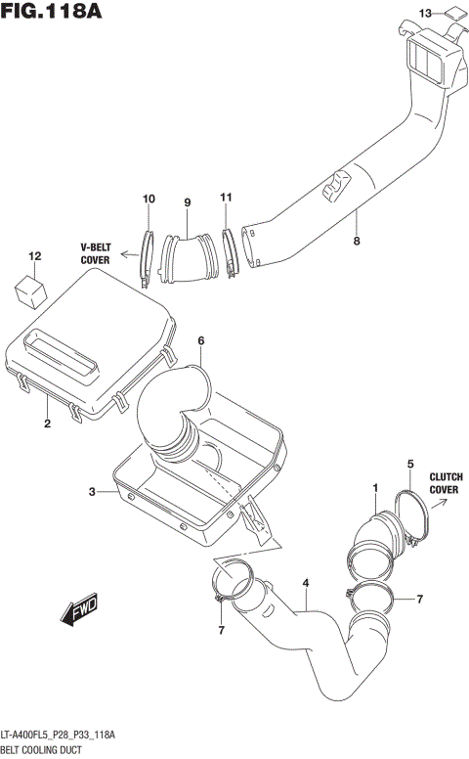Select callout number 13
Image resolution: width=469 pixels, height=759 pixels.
click(x=424, y=12)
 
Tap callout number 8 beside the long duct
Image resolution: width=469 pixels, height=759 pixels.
click(x=357, y=240)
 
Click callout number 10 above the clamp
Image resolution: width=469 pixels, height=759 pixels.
click(x=149, y=200)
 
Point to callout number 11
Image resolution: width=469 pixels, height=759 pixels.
click(x=226, y=199)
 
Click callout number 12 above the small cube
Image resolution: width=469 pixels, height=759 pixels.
click(x=35, y=257)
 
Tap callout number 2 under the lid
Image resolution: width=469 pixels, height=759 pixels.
click(x=47, y=424)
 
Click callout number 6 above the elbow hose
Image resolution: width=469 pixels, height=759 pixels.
click(x=200, y=341)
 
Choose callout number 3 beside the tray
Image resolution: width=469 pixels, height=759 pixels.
click(x=92, y=492)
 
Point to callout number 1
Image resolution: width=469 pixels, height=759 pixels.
click(x=374, y=487)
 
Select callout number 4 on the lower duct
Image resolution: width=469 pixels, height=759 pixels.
click(x=306, y=584)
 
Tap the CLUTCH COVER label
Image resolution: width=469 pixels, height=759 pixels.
click(x=445, y=480)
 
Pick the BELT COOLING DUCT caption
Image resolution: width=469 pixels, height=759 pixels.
click(x=43, y=750)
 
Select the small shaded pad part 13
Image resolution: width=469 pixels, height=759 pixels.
click(x=451, y=13)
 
